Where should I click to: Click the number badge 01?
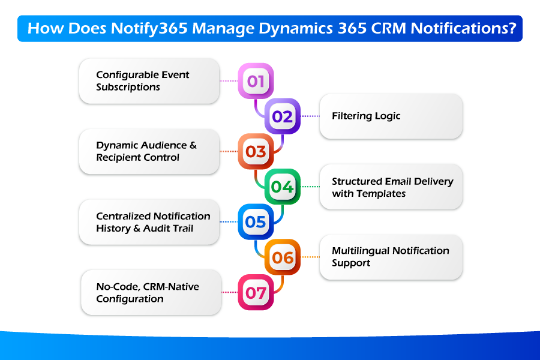point(256,81)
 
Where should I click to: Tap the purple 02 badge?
point(282,116)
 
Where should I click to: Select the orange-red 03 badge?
point(256,151)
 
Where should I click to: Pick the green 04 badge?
point(282,187)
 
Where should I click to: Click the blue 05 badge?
point(256,222)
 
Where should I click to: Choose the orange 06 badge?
point(282,257)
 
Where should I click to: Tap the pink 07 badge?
point(256,293)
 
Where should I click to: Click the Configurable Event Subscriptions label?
point(142,81)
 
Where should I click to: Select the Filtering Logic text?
point(366,116)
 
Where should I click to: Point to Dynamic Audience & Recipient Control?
point(146,151)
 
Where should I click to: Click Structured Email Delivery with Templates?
point(392,187)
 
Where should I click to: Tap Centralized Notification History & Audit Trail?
point(153,222)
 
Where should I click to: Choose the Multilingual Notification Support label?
point(390,257)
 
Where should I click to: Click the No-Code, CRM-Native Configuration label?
point(147,293)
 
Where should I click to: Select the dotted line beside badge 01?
point(229,80)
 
